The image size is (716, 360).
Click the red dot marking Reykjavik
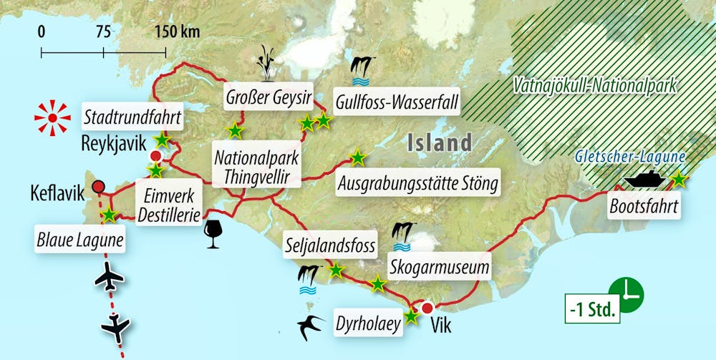pos(155,157)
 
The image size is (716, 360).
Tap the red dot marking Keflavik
pos(99,187)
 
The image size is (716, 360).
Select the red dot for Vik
pos(427,309)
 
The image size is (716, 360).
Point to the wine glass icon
pos(213,234)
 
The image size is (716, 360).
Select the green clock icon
pos(630,292)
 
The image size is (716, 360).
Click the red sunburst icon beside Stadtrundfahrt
pos(52,115)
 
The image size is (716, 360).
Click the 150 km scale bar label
pos(177,31)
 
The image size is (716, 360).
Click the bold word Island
pos(439,142)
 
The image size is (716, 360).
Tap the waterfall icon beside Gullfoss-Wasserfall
pos(363,67)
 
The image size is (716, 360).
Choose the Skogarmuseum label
pos(440,268)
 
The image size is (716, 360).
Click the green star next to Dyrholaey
pos(411,316)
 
